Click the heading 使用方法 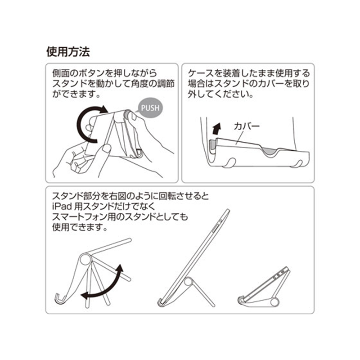68,52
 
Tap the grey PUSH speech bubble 150,108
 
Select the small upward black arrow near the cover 216,128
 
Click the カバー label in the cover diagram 246,126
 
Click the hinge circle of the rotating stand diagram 85,260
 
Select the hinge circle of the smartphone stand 274,302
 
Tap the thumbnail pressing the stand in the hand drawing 106,148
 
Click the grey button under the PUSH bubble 127,115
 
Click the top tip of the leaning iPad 228,210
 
